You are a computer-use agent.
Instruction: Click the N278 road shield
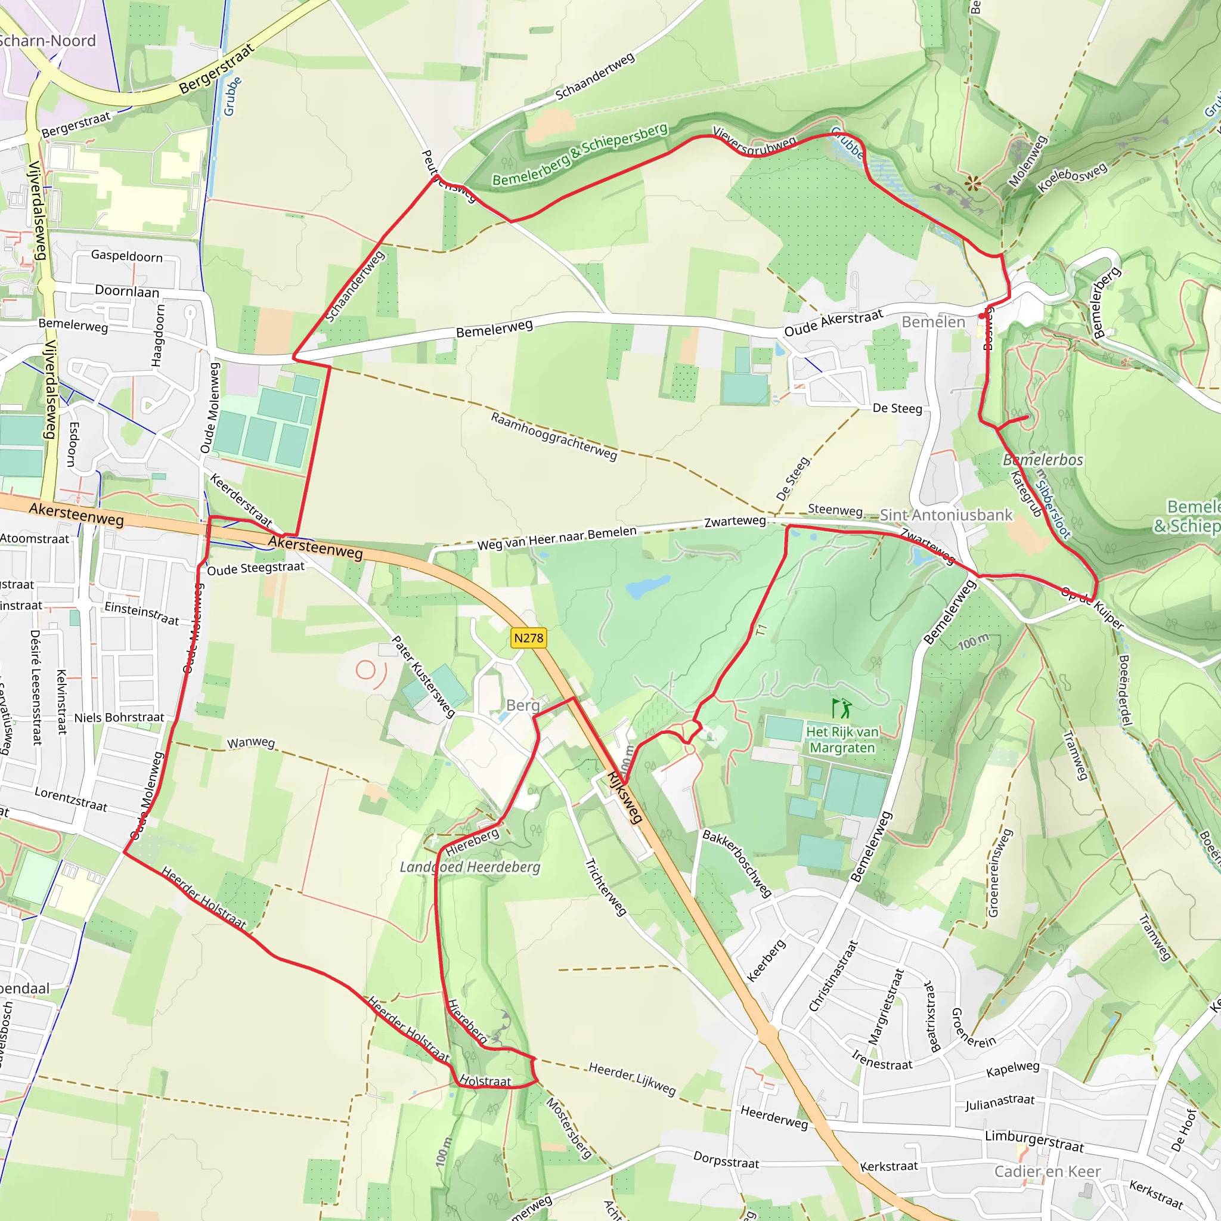(x=528, y=638)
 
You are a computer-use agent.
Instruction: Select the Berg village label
(x=523, y=705)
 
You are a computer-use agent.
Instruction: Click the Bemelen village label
(x=934, y=323)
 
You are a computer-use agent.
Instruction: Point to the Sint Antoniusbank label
(x=946, y=515)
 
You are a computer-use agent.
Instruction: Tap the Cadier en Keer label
(x=1047, y=1172)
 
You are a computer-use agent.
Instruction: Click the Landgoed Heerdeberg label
(x=470, y=867)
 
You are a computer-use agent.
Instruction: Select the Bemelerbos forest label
(x=1043, y=460)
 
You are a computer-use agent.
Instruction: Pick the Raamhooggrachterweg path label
(x=554, y=436)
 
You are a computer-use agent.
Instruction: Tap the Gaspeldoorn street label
(x=126, y=255)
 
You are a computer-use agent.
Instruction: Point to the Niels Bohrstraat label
(x=119, y=717)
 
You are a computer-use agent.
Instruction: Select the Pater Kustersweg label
(x=423, y=677)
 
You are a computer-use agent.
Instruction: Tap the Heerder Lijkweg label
(x=632, y=1078)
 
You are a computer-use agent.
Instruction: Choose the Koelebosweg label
(x=1073, y=178)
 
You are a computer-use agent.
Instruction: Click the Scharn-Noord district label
(x=48, y=41)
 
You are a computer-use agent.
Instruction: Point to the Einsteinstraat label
(x=141, y=613)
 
